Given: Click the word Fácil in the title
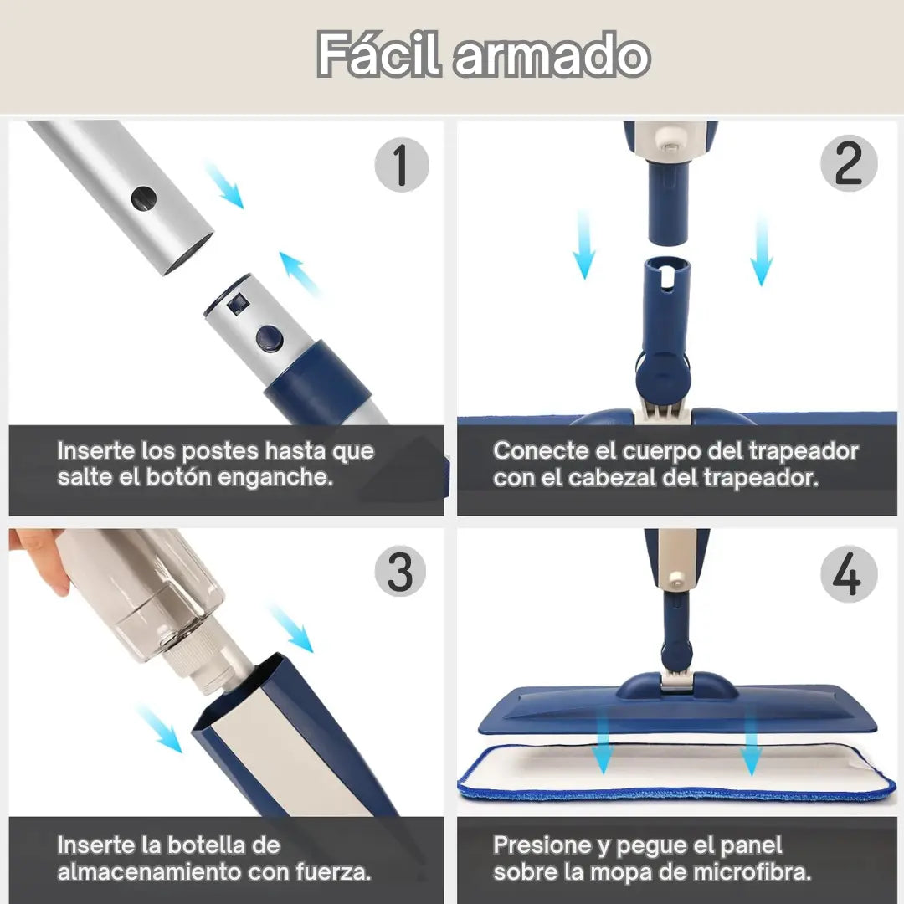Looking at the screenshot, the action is (379, 54).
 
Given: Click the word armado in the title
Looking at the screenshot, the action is (552, 57).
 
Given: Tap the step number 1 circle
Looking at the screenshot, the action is (402, 164).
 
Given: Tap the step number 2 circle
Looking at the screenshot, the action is (849, 163).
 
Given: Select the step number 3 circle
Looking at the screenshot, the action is (400, 571).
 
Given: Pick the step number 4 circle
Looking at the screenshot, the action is (849, 573).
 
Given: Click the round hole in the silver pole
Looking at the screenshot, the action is (144, 198).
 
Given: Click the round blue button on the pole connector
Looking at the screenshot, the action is (270, 338).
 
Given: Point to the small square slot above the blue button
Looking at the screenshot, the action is (237, 304).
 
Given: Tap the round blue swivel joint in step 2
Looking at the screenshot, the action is (664, 377).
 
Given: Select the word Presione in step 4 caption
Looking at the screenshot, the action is (542, 845).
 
